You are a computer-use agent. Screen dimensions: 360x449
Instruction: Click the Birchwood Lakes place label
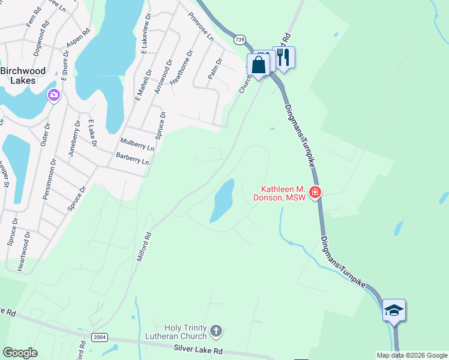coord(23,76)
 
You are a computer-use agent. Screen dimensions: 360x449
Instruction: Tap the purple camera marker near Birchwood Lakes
coord(54,95)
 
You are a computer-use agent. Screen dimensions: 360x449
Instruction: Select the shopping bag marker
coord(258,65)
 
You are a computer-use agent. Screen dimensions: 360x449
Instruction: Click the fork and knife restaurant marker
coord(284,58)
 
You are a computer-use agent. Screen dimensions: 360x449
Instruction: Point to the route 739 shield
coord(240,40)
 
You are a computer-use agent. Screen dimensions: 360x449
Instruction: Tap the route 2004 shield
coord(100,337)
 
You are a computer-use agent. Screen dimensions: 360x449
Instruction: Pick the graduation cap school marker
coord(394,310)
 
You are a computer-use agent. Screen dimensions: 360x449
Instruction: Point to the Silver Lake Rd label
coord(198,349)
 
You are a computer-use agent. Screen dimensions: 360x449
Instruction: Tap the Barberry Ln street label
coord(132,159)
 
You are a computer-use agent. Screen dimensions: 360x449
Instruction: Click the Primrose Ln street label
coord(201,26)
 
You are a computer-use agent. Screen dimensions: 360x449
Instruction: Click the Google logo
coord(20,353)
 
